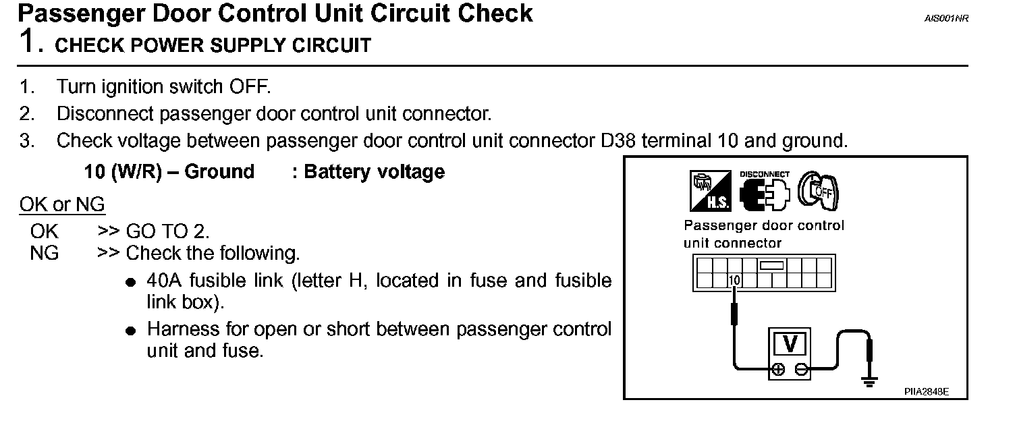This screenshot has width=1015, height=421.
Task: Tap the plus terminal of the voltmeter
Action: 778,369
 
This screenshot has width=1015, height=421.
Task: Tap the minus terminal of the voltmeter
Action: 801,369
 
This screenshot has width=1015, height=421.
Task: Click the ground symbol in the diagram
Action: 870,383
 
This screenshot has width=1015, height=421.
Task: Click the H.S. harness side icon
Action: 710,191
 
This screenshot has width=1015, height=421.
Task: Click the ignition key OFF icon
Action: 819,190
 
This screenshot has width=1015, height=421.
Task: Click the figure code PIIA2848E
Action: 927,391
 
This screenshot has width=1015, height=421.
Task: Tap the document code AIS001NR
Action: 946,19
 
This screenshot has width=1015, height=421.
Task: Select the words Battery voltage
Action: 375,171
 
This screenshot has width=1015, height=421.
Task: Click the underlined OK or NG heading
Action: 62,204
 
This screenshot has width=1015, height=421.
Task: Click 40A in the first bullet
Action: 166,280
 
